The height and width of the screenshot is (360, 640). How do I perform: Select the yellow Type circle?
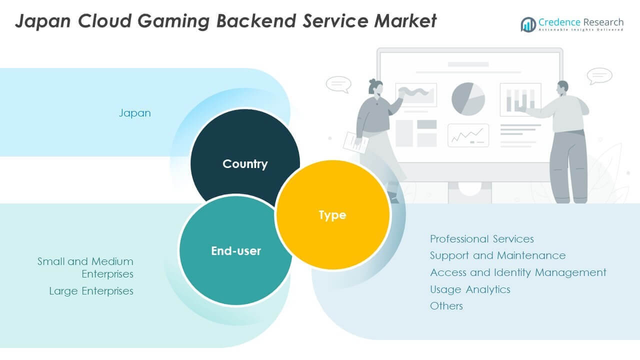click(332, 215)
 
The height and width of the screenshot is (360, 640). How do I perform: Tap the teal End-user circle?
click(235, 250)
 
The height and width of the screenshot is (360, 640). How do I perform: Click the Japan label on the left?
click(134, 113)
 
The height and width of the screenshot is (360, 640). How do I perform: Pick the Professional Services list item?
click(481, 239)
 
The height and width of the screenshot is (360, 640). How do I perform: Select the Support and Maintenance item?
click(497, 255)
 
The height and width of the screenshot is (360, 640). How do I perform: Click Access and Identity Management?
click(518, 272)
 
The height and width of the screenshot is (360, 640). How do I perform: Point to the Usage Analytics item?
click(470, 289)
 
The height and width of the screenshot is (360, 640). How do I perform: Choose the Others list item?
click(446, 306)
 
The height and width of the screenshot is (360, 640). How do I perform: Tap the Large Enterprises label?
click(91, 291)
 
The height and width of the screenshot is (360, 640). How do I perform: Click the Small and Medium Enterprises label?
click(85, 267)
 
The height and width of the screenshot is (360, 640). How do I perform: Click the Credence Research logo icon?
click(528, 24)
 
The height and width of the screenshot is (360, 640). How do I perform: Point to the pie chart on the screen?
click(468, 98)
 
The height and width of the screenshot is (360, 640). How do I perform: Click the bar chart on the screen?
click(520, 99)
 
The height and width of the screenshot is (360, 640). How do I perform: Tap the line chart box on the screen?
click(468, 135)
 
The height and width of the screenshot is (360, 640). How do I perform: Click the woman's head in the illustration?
click(375, 87)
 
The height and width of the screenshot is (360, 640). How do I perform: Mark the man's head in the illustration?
click(562, 88)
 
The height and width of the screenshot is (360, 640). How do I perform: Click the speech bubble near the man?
click(599, 76)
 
